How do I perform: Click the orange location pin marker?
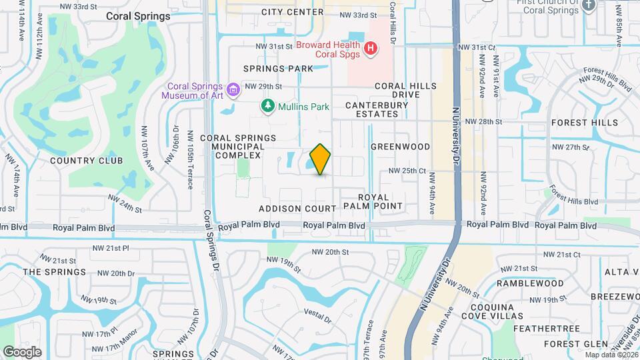click(321, 159)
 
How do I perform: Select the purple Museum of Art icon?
click(233, 89)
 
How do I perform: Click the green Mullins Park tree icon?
click(267, 106)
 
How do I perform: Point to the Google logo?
click(22, 352)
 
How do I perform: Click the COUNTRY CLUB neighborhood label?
click(87, 161)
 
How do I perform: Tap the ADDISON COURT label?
click(297, 209)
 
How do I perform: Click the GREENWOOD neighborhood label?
click(400, 147)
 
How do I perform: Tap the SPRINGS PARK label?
click(278, 69)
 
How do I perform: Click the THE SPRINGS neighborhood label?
click(55, 272)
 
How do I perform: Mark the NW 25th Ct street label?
click(408, 171)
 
